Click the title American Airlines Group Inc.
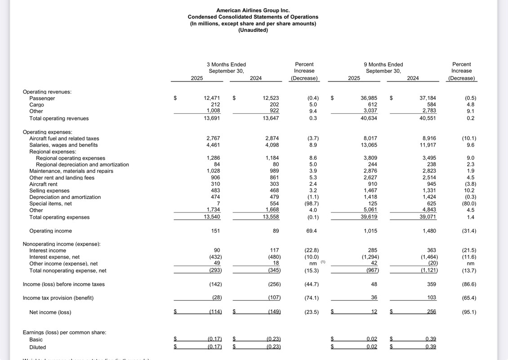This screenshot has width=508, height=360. tap(253, 10)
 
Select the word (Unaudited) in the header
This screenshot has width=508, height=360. tap(253, 30)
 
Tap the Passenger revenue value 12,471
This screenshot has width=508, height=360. tap(212, 98)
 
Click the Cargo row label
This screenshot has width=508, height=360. tap(37, 105)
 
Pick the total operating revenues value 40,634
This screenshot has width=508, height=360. tap(369, 118)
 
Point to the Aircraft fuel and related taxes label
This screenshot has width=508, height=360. tap(64, 139)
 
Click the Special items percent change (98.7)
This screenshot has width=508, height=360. tap(313, 203)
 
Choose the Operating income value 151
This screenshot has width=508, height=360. tap(215, 231)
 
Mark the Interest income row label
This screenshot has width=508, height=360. tap(48, 251)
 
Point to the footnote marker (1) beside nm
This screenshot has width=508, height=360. tap(323, 262)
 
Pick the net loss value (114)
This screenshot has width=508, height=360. tap(215, 312)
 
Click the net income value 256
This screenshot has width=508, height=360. tap(431, 312)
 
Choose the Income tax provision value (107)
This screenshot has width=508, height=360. tap(273, 298)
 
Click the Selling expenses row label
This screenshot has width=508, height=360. tap(49, 191)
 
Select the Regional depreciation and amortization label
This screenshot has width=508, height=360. tap(82, 165)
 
